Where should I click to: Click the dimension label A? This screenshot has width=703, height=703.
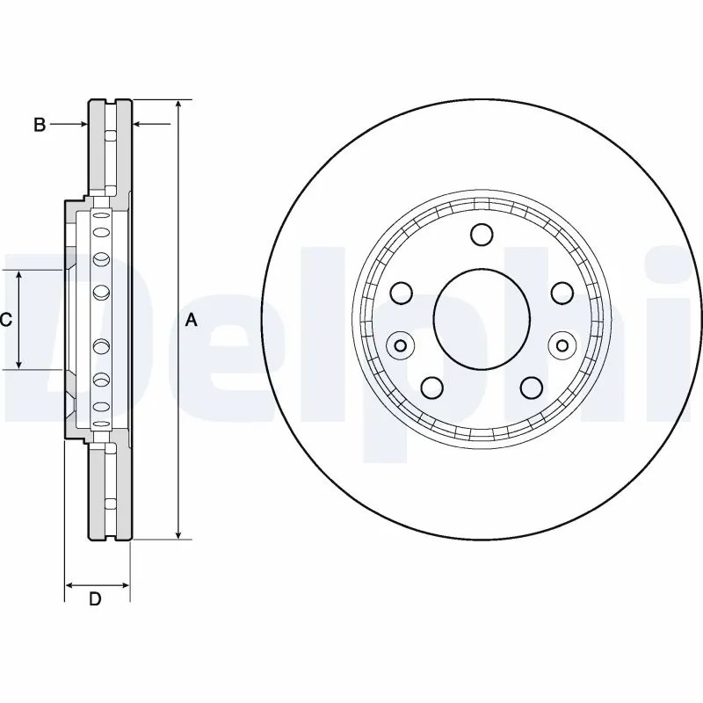pyautogui.click(x=192, y=320)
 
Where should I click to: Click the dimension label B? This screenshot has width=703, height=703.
pyautogui.click(x=40, y=124)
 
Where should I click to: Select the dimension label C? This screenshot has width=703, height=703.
pyautogui.click(x=6, y=320)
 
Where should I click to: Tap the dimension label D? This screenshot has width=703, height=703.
pyautogui.click(x=95, y=598)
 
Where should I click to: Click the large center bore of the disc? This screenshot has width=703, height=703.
pyautogui.click(x=482, y=319)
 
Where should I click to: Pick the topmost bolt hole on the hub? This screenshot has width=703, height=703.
pyautogui.click(x=482, y=235)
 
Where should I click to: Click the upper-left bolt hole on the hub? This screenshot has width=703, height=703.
pyautogui.click(x=402, y=293)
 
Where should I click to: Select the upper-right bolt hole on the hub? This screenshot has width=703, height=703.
pyautogui.click(x=562, y=293)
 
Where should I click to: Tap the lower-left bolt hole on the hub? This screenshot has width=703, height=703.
pyautogui.click(x=432, y=388)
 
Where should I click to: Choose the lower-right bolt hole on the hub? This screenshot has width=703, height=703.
pyautogui.click(x=532, y=388)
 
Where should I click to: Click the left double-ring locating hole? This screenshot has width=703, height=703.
pyautogui.click(x=401, y=345)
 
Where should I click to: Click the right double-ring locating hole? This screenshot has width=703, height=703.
pyautogui.click(x=562, y=345)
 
